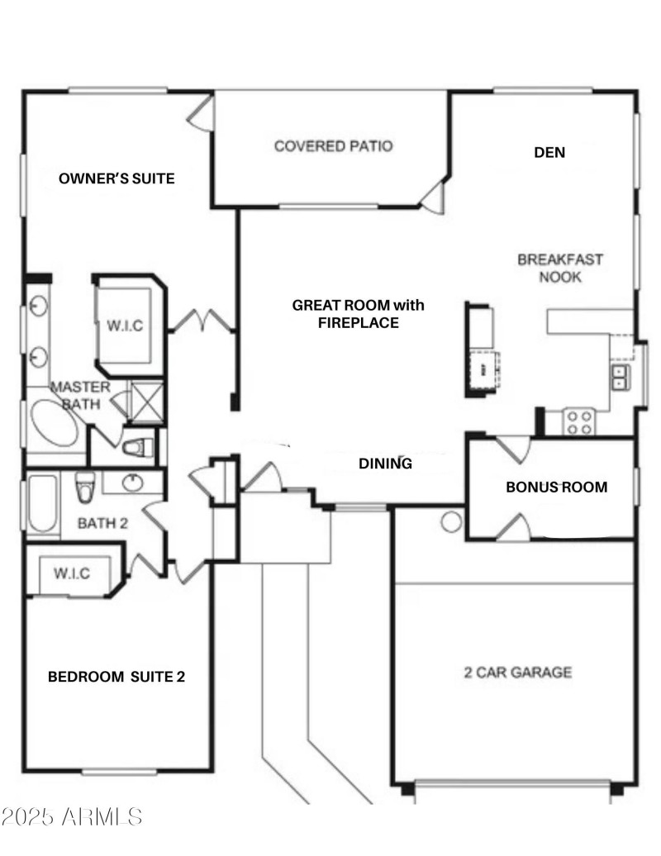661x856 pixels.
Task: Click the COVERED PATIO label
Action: [333, 146]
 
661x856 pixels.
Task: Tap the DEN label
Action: [549, 152]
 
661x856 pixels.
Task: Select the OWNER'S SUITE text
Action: [117, 178]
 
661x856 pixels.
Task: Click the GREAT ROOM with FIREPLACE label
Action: [358, 314]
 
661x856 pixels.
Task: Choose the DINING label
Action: [385, 464]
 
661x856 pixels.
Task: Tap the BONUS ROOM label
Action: [556, 487]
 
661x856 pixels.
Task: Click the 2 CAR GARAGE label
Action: [517, 673]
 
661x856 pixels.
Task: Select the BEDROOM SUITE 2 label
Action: [116, 678]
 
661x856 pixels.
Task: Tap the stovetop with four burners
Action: [579, 421]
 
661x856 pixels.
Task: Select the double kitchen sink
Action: [619, 378]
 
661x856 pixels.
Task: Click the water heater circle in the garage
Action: [451, 521]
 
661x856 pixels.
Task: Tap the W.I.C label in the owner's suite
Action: [125, 326]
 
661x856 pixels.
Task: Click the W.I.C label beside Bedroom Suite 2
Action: [72, 573]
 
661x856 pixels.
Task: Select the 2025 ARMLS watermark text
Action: [72, 817]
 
